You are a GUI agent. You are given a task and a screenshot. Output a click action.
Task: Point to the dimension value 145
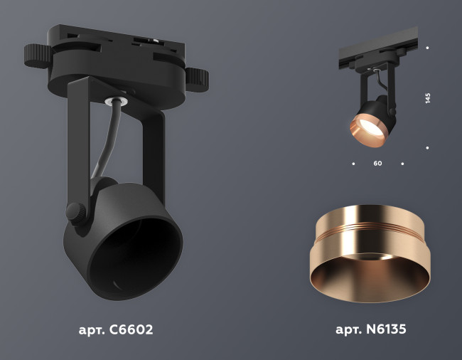coord(428,98)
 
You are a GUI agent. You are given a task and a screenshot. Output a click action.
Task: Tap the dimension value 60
coord(377,164)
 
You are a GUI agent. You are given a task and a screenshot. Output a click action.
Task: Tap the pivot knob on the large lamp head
coord(75,211)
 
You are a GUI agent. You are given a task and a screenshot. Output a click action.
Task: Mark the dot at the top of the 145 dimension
coord(427,48)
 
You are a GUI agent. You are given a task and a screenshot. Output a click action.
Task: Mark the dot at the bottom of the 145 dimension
coord(427,148)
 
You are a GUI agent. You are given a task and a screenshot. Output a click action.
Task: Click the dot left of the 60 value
coord(353,164)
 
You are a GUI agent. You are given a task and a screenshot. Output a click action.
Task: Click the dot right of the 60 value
coord(402,164)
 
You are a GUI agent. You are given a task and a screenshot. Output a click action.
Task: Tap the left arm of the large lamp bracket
coord(78,142)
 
